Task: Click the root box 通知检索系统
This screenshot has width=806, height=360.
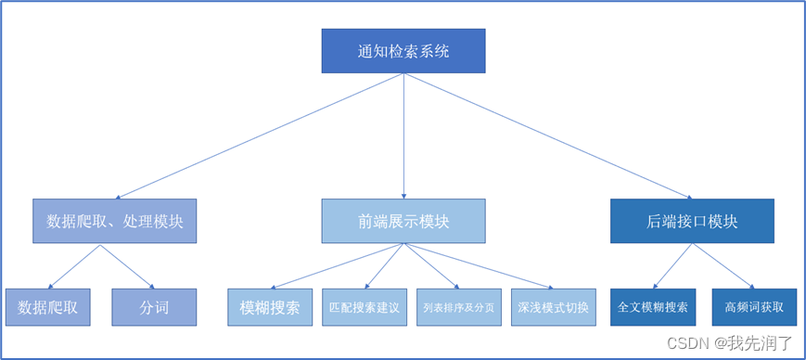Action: click(x=403, y=51)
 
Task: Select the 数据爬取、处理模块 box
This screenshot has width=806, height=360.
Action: click(x=115, y=221)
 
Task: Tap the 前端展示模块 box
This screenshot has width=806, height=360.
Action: click(x=403, y=221)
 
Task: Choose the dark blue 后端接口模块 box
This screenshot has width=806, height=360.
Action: click(x=692, y=221)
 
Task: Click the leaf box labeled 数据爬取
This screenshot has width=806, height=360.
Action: click(x=47, y=307)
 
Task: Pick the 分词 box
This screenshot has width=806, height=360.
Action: click(x=154, y=307)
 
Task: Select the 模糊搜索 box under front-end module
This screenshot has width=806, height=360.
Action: click(x=270, y=307)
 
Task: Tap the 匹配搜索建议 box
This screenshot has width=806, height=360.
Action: click(x=365, y=307)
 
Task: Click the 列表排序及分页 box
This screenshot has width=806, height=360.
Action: click(x=458, y=307)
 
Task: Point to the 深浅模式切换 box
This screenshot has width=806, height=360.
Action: click(x=553, y=307)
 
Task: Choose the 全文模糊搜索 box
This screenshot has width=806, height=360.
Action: click(x=653, y=307)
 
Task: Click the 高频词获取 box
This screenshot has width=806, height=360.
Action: click(x=754, y=307)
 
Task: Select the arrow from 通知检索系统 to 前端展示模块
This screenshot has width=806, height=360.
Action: click(x=403, y=135)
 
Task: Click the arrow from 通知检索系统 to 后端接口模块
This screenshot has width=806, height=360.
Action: click(x=547, y=135)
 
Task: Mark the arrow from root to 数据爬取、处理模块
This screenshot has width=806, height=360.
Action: click(x=260, y=135)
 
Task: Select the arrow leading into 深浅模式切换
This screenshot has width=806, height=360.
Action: click(x=478, y=267)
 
